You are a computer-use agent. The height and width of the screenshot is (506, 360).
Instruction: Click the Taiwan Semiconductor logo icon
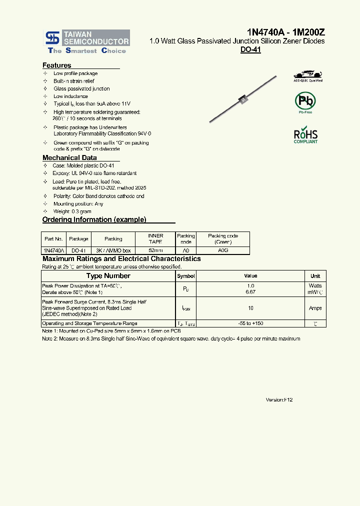(51, 37)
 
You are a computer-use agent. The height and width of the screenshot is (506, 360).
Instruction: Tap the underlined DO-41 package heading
(250, 50)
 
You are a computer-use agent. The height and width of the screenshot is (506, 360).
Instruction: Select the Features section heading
(57, 65)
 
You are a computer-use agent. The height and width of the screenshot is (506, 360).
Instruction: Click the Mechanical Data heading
(69, 157)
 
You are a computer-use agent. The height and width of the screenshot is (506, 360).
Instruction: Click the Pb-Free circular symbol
(305, 101)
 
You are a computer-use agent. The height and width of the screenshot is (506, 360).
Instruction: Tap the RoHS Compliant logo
(305, 135)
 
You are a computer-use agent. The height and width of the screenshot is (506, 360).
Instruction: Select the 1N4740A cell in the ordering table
(53, 250)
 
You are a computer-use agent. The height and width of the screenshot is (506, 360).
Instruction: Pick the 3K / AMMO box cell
(113, 250)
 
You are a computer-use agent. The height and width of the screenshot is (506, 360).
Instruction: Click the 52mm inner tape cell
(155, 250)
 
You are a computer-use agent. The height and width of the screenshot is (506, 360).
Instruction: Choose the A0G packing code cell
(222, 250)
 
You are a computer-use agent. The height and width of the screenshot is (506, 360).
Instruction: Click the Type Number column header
(108, 276)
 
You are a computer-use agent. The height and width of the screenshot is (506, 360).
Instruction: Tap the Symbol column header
(186, 276)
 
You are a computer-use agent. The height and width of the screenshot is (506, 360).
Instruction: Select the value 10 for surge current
(250, 308)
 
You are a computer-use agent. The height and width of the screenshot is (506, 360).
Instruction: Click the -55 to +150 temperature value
(250, 323)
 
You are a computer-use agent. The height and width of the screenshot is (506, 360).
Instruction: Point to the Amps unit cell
(315, 308)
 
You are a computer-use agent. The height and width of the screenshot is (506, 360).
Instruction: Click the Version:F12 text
(279, 400)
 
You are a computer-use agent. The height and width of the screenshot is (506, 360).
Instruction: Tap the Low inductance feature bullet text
(70, 96)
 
